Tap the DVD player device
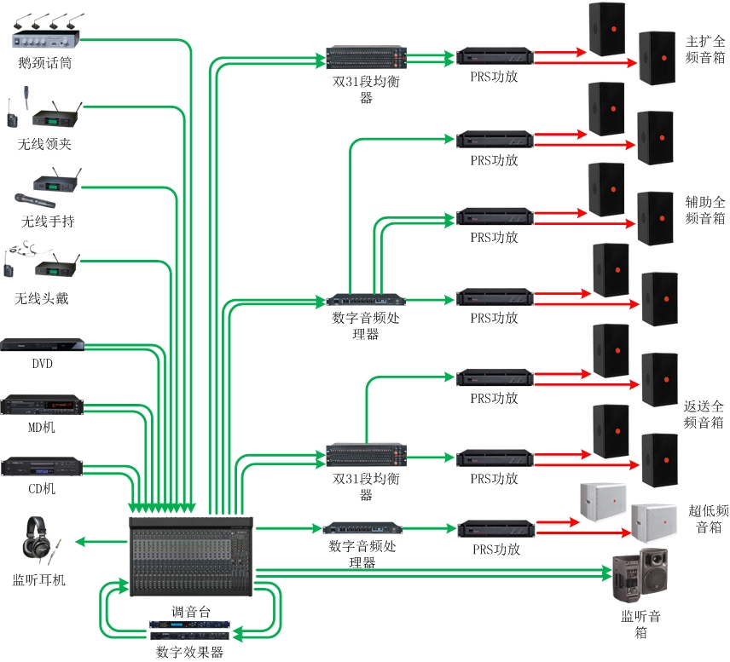[43, 345]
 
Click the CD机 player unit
[42, 467]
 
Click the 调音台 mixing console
[191, 558]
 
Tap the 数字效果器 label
[189, 652]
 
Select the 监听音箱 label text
[640, 625]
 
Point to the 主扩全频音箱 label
[705, 49]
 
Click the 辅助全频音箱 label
[705, 210]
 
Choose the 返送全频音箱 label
[704, 414]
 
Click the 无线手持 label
[48, 222]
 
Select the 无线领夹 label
[44, 144]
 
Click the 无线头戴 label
[42, 298]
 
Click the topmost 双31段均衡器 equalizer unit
[364, 58]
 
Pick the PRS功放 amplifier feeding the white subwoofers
[496, 528]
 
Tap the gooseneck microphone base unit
[48, 38]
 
